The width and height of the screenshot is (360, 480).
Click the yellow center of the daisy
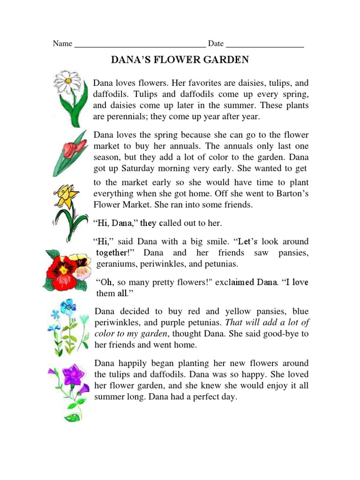point(68,81)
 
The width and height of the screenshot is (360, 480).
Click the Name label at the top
point(62,44)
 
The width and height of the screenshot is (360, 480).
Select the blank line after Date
point(265,46)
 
